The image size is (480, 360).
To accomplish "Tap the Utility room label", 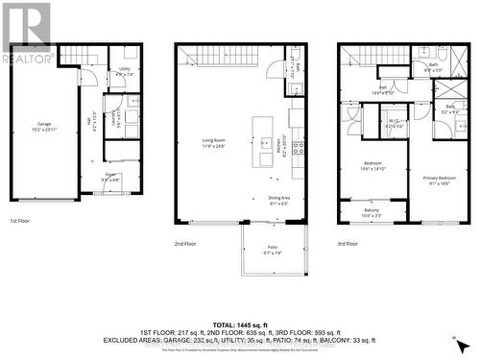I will (x=125, y=70).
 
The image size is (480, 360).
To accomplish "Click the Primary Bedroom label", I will (x=440, y=178).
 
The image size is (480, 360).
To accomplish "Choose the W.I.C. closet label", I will (x=395, y=122).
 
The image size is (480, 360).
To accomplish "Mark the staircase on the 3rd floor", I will (x=370, y=57).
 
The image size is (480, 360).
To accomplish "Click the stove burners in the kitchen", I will (x=299, y=147).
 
